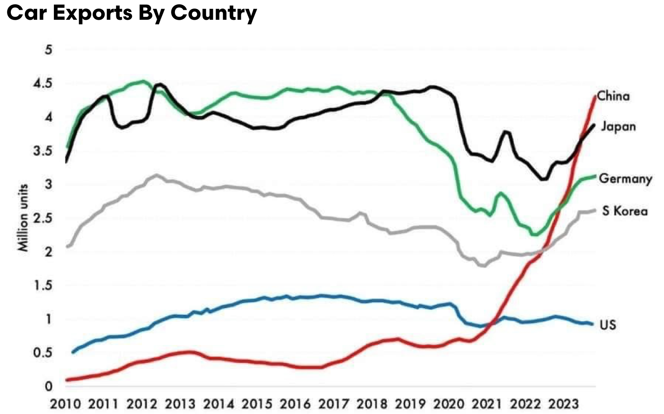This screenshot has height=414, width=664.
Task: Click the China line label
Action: [613, 96]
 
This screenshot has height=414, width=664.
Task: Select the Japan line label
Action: [618, 127]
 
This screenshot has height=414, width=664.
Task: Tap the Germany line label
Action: [625, 179]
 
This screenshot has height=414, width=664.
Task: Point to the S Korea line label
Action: [624, 211]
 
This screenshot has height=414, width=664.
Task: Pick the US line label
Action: [608, 325]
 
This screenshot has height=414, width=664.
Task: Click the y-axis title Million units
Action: [24, 217]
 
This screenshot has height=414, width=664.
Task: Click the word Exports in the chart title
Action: [93, 13]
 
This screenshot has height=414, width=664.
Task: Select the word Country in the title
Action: [214, 13]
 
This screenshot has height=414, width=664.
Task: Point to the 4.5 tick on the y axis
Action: [43, 83]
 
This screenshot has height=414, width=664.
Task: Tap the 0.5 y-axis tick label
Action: [43, 353]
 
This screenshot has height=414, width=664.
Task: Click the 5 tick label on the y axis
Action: [48, 50]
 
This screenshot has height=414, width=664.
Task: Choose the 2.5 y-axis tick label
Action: [43, 218]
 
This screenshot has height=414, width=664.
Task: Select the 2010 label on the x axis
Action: [66, 404]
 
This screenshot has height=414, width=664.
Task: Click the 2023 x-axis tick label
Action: [563, 404]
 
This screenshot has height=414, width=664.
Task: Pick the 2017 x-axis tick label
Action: [334, 404]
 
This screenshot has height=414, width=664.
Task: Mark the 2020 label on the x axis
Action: [448, 404]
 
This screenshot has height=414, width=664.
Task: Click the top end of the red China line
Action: [595, 97]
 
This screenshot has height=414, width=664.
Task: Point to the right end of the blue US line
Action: [592, 324]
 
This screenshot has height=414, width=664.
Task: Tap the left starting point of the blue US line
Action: [73, 352]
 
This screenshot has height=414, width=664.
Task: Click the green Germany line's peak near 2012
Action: [144, 81]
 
